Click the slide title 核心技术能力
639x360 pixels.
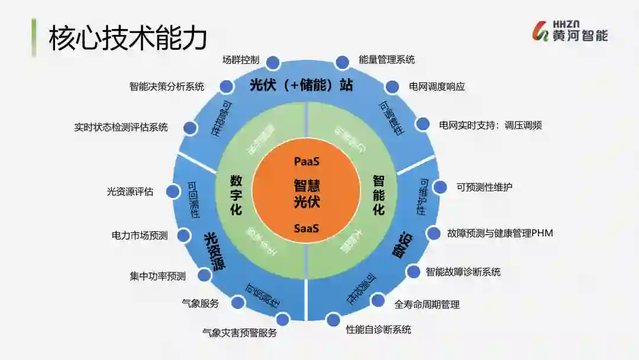pyautogui.click(x=127, y=38)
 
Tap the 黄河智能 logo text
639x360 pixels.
pyautogui.click(x=580, y=36)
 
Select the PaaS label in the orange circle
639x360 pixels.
pyautogui.click(x=307, y=161)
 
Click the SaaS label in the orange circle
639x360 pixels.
pyautogui.click(x=306, y=228)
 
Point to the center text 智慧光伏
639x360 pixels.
pyautogui.click(x=307, y=194)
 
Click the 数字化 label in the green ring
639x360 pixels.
pyautogui.click(x=235, y=194)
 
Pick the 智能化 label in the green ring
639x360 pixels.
pyautogui.click(x=379, y=194)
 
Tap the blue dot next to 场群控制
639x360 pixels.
pyautogui.click(x=273, y=62)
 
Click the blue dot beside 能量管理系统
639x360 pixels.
pyautogui.click(x=343, y=62)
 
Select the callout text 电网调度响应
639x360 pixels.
pyautogui.click(x=437, y=86)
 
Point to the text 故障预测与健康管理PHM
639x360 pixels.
pyautogui.click(x=500, y=233)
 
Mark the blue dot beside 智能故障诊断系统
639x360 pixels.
pyautogui.click(x=413, y=272)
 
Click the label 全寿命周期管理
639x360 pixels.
pyautogui.click(x=427, y=304)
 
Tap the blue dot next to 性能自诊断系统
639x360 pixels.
pyautogui.click(x=333, y=320)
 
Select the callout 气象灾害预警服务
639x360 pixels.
pyautogui.click(x=239, y=333)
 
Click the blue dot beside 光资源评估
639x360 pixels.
pyautogui.click(x=173, y=191)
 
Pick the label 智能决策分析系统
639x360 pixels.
pyautogui.click(x=167, y=86)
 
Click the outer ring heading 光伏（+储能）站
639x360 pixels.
pyautogui.click(x=301, y=85)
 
